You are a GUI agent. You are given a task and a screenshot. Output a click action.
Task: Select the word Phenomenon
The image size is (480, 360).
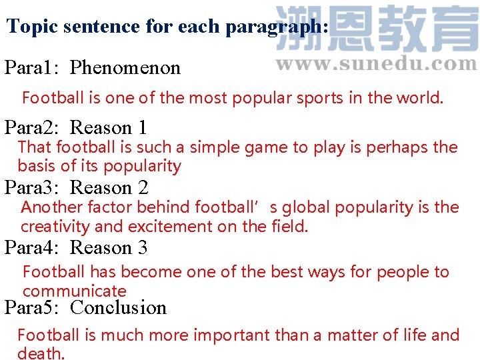(x=125, y=67)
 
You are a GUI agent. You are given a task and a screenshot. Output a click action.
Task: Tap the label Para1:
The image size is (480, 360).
(x=33, y=67)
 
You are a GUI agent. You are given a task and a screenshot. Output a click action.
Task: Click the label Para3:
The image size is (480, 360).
(x=33, y=187)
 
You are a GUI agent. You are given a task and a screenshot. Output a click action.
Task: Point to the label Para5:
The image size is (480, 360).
(x=33, y=307)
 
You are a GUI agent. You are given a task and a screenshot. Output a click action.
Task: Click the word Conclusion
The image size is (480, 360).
(x=118, y=307)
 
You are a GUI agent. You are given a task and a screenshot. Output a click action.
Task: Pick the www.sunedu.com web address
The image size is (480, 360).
(x=376, y=64)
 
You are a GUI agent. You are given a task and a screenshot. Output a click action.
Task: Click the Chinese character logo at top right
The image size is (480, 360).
(x=376, y=29)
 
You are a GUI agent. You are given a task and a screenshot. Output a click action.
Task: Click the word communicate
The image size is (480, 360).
(x=74, y=291)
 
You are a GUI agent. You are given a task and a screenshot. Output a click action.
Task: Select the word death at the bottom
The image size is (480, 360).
(x=40, y=353)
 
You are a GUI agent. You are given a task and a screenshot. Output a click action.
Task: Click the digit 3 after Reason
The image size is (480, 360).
(x=142, y=247)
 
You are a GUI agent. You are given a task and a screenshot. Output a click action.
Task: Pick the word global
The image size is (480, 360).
(x=306, y=207)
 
